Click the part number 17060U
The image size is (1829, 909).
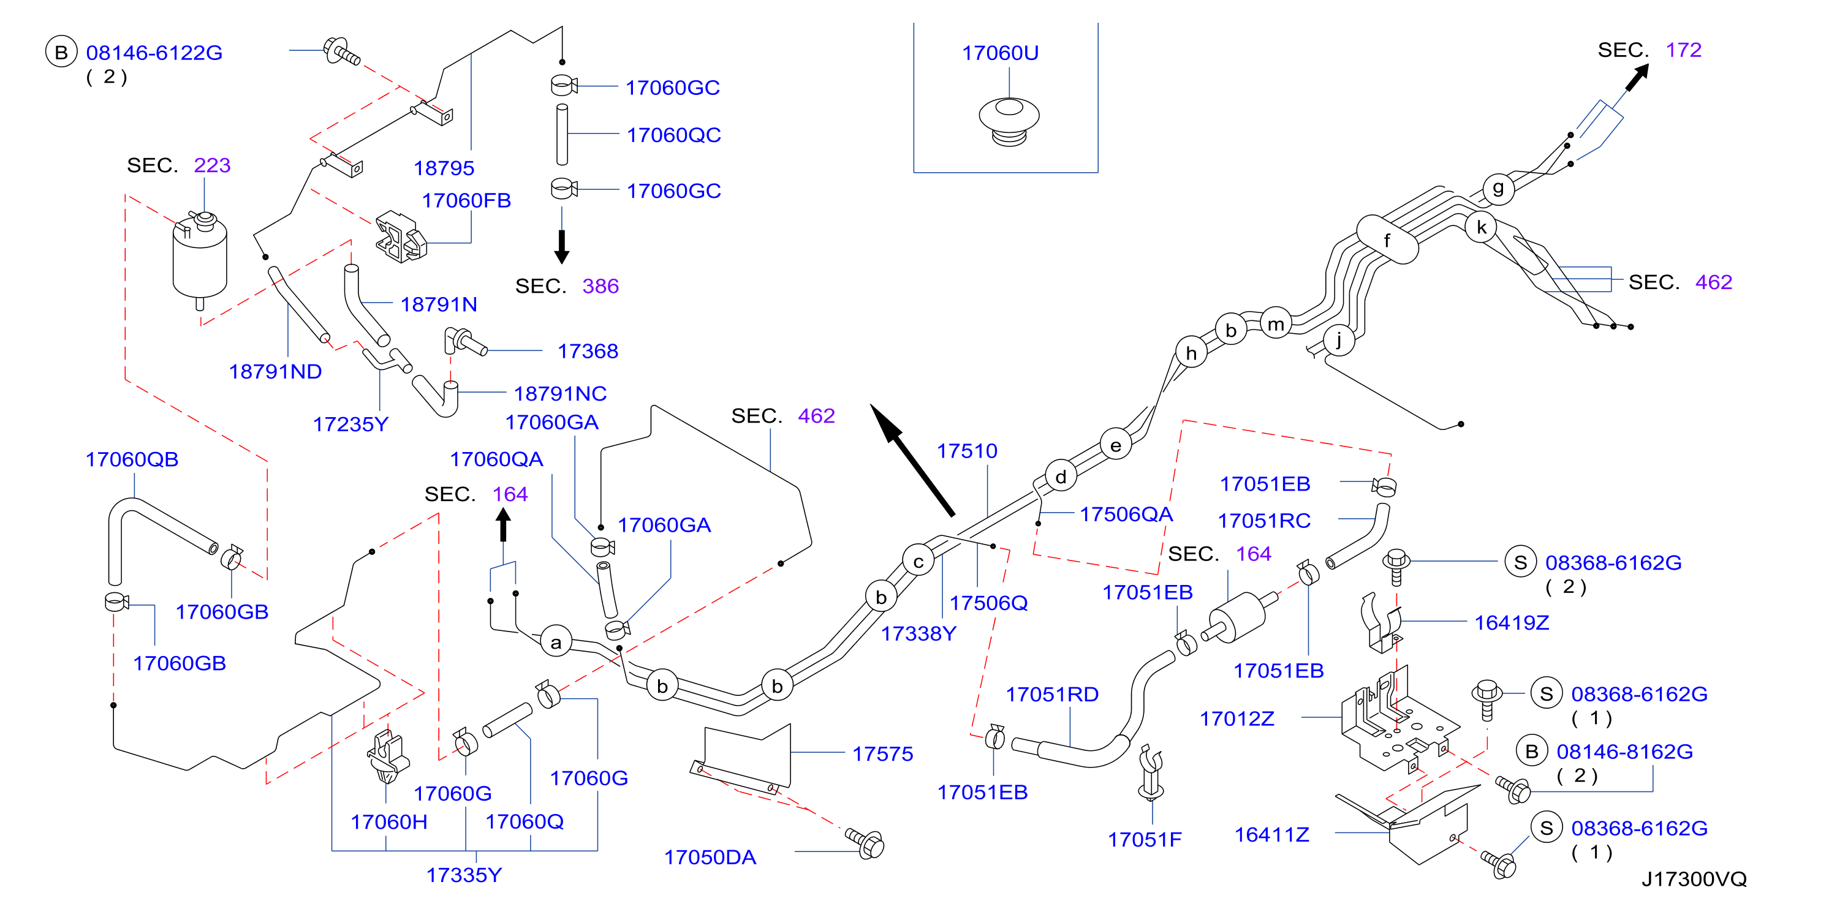click(x=1000, y=53)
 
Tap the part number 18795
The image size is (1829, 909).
click(x=444, y=168)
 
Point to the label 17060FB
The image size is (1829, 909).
click(x=466, y=201)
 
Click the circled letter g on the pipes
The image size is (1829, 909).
click(x=1498, y=189)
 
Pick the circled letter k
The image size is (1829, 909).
click(x=1481, y=227)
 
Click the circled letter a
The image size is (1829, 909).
click(x=556, y=642)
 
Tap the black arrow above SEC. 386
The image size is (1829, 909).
click(x=562, y=246)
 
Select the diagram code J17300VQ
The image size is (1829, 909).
click(x=1694, y=879)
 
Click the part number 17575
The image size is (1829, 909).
click(x=882, y=753)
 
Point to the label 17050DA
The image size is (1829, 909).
click(x=710, y=857)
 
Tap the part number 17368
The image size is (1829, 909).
click(x=588, y=351)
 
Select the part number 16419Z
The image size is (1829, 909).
click(x=1512, y=622)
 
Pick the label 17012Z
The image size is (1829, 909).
click(x=1237, y=719)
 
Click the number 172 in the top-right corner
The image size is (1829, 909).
click(x=1683, y=50)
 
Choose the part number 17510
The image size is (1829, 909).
click(x=967, y=451)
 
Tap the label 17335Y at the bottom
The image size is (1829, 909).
click(x=464, y=875)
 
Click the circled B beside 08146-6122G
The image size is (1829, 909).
click(x=62, y=52)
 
